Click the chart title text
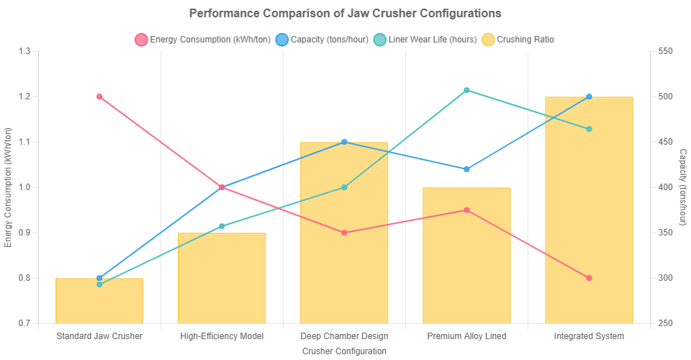click(x=345, y=14)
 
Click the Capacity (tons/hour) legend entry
click(x=325, y=40)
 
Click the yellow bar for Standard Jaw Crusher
click(x=99, y=301)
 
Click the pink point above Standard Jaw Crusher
click(x=99, y=96)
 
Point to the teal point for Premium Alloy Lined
click(x=466, y=90)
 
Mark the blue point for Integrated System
click(x=589, y=96)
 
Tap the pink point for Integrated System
click(x=589, y=278)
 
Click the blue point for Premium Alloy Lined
click(x=466, y=169)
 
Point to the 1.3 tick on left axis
click(x=25, y=51)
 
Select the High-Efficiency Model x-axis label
click(x=222, y=336)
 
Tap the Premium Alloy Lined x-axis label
click(x=466, y=336)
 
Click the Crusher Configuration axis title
click(x=344, y=351)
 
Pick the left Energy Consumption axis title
click(x=8, y=187)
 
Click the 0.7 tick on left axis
click(x=25, y=323)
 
